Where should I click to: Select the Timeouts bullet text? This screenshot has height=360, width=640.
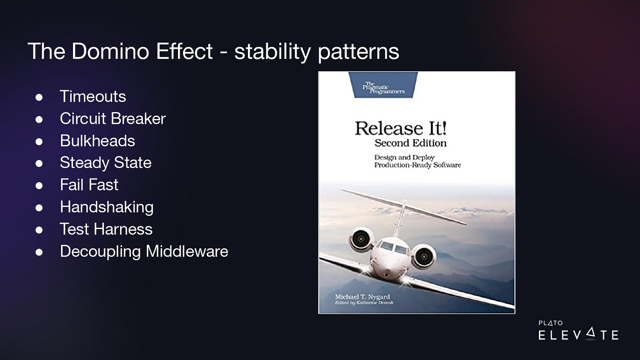(93, 96)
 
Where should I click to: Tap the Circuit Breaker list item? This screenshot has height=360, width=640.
(113, 118)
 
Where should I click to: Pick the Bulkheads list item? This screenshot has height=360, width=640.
(98, 141)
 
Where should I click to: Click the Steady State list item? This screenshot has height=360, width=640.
(105, 163)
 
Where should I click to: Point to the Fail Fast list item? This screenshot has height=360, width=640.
(89, 185)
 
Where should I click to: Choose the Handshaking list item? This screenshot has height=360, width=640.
(106, 207)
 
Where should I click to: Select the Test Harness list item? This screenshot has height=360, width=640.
(106, 229)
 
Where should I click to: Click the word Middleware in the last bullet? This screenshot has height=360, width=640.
(187, 251)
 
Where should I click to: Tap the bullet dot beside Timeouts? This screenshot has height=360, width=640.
(39, 97)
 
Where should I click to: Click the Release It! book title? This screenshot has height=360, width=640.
(400, 128)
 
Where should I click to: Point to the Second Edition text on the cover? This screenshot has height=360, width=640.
(411, 143)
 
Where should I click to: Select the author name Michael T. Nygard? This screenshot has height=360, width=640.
(363, 297)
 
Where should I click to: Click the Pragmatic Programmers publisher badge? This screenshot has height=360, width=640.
(383, 85)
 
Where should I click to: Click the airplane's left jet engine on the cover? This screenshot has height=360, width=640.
(360, 239)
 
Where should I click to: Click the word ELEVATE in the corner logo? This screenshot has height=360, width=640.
(578, 334)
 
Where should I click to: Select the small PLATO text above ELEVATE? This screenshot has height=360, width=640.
(551, 323)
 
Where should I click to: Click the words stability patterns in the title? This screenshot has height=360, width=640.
(316, 52)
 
